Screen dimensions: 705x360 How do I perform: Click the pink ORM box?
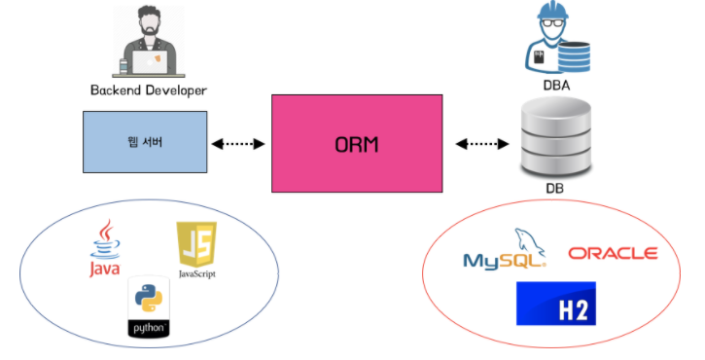357,144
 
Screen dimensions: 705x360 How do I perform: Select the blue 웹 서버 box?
145,142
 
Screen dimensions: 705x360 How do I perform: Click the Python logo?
149,307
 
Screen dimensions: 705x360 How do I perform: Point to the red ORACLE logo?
614,253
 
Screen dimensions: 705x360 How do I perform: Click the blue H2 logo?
556,304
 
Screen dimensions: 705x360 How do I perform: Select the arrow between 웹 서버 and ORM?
238,144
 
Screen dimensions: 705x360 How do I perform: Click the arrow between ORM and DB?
482,144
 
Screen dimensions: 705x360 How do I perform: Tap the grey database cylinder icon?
555,138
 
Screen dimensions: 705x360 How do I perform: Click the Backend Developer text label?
149,90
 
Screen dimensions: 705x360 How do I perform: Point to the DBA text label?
556,85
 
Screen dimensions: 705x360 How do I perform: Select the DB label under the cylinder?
555,188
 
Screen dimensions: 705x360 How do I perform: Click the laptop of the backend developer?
150,62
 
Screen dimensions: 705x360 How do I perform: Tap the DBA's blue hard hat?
552,10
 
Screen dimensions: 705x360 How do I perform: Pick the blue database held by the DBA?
574,56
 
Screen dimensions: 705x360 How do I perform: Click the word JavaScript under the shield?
197,273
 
